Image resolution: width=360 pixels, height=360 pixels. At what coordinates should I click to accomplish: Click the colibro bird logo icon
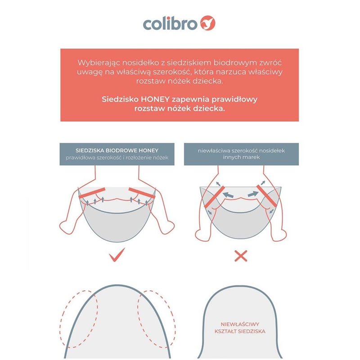coord(208,23)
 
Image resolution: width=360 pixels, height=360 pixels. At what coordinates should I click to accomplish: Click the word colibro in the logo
coord(170,24)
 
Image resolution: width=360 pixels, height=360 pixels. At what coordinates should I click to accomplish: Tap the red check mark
coord(117,255)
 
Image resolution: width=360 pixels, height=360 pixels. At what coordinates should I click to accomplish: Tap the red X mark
coord(241,256)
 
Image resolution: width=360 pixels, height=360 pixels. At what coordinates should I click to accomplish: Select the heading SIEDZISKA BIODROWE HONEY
coord(117,151)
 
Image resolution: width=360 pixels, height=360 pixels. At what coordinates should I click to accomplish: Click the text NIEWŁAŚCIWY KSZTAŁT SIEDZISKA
coord(240,328)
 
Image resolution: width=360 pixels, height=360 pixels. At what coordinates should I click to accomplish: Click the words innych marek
coord(241,157)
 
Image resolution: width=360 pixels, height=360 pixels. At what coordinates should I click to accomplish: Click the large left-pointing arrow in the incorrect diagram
coord(228,195)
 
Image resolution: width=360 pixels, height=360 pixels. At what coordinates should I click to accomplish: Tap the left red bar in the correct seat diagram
coord(92,193)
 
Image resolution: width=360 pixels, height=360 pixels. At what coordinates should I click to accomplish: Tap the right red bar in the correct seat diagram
coord(142,193)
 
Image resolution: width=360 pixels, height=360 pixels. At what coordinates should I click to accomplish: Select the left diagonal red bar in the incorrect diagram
coord(215,197)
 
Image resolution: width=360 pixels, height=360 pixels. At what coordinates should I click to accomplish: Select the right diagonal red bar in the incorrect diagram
coord(266,196)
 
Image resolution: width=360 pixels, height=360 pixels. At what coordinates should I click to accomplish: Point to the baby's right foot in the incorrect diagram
coord(279,234)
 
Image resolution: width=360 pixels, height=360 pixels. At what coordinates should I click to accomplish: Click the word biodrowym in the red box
coord(239,63)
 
